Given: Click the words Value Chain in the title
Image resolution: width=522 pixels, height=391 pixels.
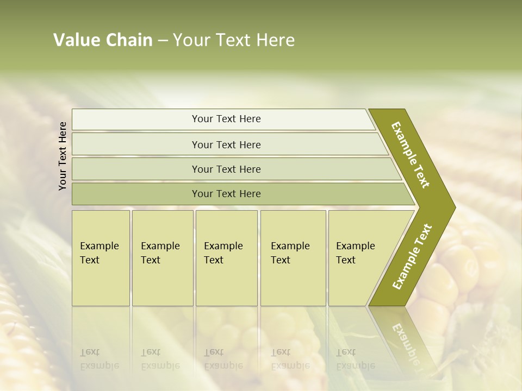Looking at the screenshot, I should [x=103, y=40].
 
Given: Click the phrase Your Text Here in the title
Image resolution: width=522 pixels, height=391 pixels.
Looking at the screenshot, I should [x=234, y=40].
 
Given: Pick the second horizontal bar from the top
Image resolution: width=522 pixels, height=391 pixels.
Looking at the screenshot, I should [x=226, y=144].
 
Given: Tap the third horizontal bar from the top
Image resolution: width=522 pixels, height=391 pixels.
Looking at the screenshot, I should [x=226, y=169].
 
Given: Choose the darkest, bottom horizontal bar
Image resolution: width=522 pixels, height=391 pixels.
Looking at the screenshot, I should [x=226, y=194].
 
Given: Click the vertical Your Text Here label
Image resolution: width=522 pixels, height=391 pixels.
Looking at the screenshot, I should [x=63, y=156].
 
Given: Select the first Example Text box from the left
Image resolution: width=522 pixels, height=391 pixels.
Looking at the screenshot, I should [x=101, y=257].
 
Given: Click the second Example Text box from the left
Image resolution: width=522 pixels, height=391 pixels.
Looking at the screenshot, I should [x=162, y=257].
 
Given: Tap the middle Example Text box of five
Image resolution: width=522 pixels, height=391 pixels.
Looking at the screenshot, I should [x=226, y=257].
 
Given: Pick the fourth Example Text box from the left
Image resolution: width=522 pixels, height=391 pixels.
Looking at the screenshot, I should [x=293, y=257].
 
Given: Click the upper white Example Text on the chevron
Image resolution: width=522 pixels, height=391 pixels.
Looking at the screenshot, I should [x=411, y=155].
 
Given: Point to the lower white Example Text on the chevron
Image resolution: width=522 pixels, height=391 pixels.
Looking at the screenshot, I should [x=412, y=256].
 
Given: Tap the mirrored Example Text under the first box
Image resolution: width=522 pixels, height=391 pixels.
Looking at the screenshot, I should [x=100, y=360].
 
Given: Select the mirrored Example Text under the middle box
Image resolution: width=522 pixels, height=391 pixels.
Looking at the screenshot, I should [x=223, y=360].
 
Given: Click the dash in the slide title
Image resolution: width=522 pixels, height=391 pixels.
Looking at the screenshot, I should [x=163, y=41].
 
